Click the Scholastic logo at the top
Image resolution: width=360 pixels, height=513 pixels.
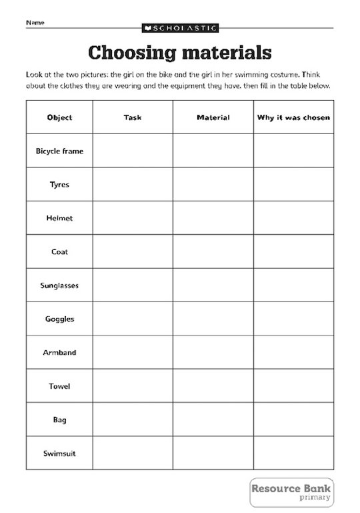179,28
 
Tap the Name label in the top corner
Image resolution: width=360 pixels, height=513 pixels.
35,23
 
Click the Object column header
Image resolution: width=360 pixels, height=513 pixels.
59,117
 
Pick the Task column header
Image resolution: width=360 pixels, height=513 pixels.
133,117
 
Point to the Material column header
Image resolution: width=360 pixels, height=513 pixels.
213,117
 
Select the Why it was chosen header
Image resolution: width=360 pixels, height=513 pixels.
293,117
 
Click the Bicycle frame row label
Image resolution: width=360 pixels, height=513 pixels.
59,151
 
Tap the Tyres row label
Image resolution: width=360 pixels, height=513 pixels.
59,185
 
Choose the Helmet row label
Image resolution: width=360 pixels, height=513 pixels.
59,218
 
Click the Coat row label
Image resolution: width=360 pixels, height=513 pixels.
59,252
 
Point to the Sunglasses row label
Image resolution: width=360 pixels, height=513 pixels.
59,286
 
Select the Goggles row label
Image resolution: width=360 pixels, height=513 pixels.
59,319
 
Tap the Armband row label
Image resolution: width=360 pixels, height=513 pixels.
59,353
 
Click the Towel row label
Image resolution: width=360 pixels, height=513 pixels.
59,386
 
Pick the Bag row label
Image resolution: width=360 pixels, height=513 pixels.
59,420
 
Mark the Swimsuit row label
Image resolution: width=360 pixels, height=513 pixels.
59,454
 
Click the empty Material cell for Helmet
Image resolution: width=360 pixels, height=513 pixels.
213,218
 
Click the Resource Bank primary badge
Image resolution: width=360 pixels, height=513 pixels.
291,492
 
